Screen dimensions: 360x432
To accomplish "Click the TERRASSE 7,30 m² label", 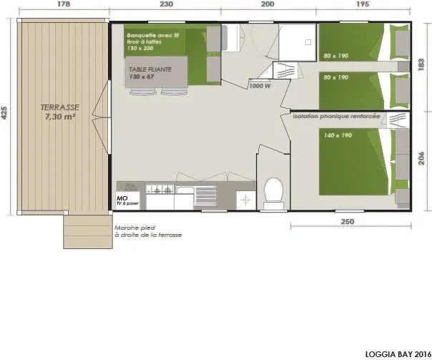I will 60,112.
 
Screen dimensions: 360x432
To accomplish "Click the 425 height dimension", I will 6,115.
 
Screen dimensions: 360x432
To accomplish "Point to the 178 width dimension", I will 63,4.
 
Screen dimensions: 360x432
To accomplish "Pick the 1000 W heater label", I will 258,85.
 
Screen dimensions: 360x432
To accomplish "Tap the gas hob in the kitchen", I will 159,190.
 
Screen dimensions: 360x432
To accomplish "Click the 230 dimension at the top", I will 166,4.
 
